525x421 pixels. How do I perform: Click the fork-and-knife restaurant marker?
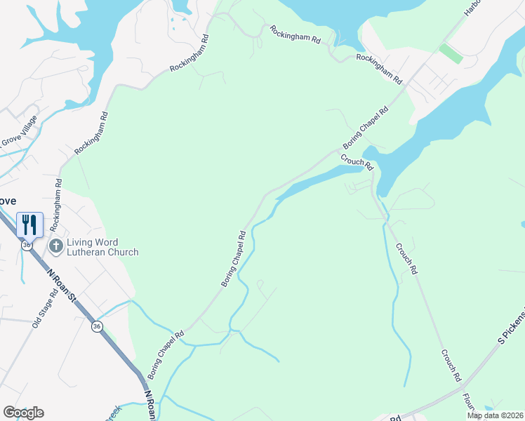29,225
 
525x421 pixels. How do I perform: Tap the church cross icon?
56,246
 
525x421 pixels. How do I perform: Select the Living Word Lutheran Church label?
102,248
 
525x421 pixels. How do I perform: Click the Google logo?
24,412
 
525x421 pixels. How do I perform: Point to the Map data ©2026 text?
495,415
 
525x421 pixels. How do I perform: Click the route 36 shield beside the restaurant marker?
26,245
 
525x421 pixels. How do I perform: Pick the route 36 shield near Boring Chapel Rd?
96,326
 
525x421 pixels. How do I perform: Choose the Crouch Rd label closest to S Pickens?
451,365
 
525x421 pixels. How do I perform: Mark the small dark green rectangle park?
451,53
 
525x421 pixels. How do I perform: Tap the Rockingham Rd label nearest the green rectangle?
378,68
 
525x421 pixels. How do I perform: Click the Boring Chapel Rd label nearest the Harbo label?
365,126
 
